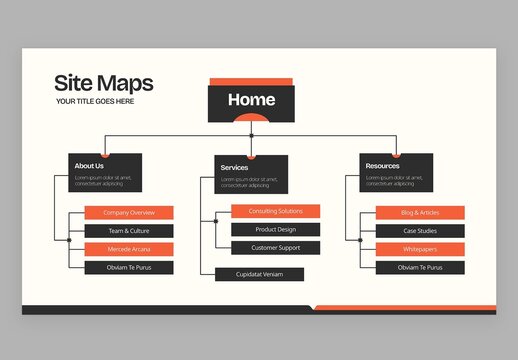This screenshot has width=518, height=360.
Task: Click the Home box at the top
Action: click(251, 101)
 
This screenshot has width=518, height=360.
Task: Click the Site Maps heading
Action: click(103, 83)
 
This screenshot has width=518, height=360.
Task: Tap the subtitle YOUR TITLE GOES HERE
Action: click(95, 101)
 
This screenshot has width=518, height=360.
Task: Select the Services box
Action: click(252, 174)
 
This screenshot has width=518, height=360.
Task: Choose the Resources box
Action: click(397, 173)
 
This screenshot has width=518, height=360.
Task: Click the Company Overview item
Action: click(129, 213)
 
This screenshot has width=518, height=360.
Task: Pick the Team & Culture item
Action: click(129, 231)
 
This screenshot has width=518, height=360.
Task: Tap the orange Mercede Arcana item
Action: click(129, 249)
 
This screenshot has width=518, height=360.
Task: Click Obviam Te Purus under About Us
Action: click(129, 267)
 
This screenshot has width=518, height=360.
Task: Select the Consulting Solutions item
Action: click(275, 211)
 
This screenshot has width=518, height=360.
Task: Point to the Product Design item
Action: click(275, 229)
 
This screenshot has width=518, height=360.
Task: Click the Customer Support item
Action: click(275, 247)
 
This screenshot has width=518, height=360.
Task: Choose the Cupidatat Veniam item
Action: click(259, 274)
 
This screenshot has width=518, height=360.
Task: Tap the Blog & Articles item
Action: click(420, 213)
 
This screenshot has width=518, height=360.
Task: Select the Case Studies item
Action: click(420, 231)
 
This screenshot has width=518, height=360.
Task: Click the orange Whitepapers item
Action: click(420, 249)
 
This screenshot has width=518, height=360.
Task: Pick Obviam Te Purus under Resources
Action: click(420, 267)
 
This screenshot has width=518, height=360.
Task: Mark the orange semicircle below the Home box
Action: click(251, 118)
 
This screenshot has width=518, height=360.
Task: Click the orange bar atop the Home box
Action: click(251, 82)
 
